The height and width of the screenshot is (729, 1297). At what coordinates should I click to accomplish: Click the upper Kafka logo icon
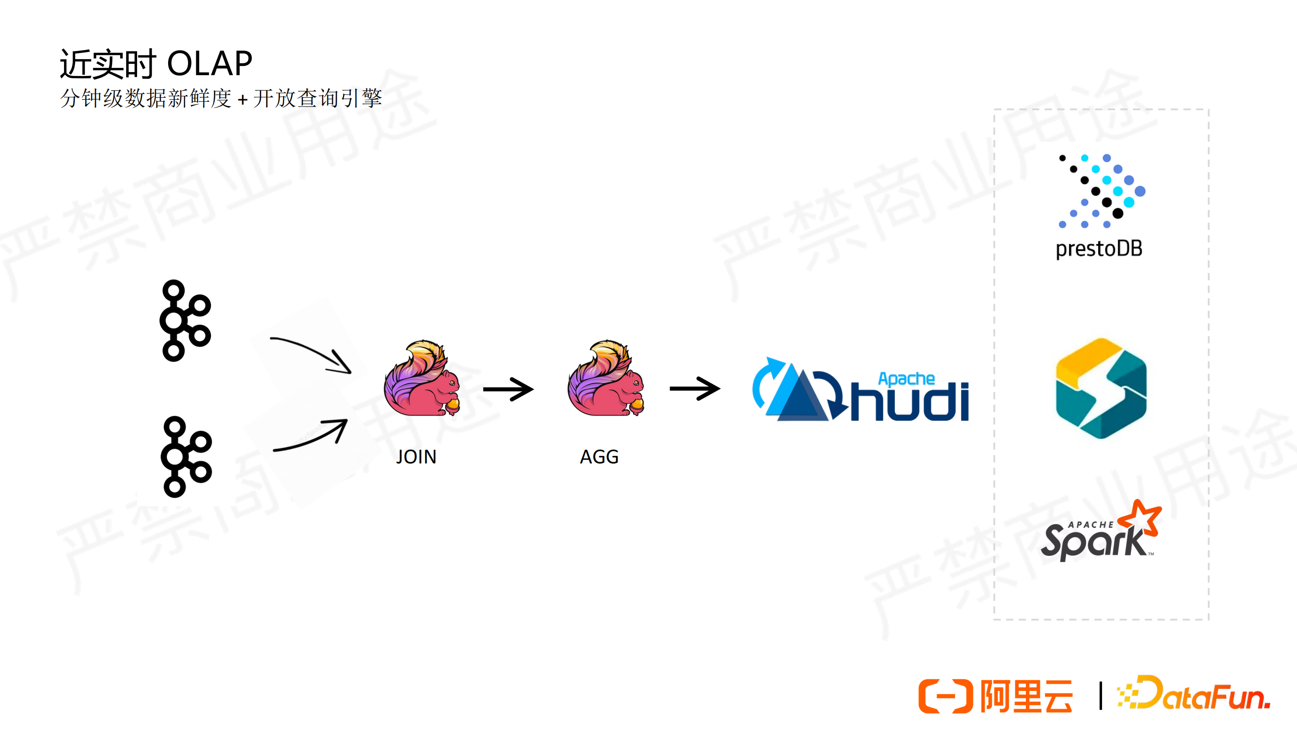[x=185, y=320]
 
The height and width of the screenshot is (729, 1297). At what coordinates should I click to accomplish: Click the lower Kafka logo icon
[x=186, y=457]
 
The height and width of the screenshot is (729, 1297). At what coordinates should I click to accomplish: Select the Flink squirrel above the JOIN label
[x=422, y=378]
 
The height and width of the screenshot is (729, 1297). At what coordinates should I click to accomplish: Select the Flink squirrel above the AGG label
[x=606, y=378]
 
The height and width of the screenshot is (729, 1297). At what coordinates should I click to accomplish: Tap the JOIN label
[x=416, y=457]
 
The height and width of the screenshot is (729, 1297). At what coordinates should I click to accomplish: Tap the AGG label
[x=599, y=457]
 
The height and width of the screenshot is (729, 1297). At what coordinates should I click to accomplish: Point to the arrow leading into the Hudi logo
[x=695, y=388]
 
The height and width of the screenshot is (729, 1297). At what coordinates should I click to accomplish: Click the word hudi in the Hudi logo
[x=909, y=402]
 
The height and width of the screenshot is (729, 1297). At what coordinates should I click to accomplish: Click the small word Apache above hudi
[x=906, y=379]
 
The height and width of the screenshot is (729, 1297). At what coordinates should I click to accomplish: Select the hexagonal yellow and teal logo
[x=1101, y=388]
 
